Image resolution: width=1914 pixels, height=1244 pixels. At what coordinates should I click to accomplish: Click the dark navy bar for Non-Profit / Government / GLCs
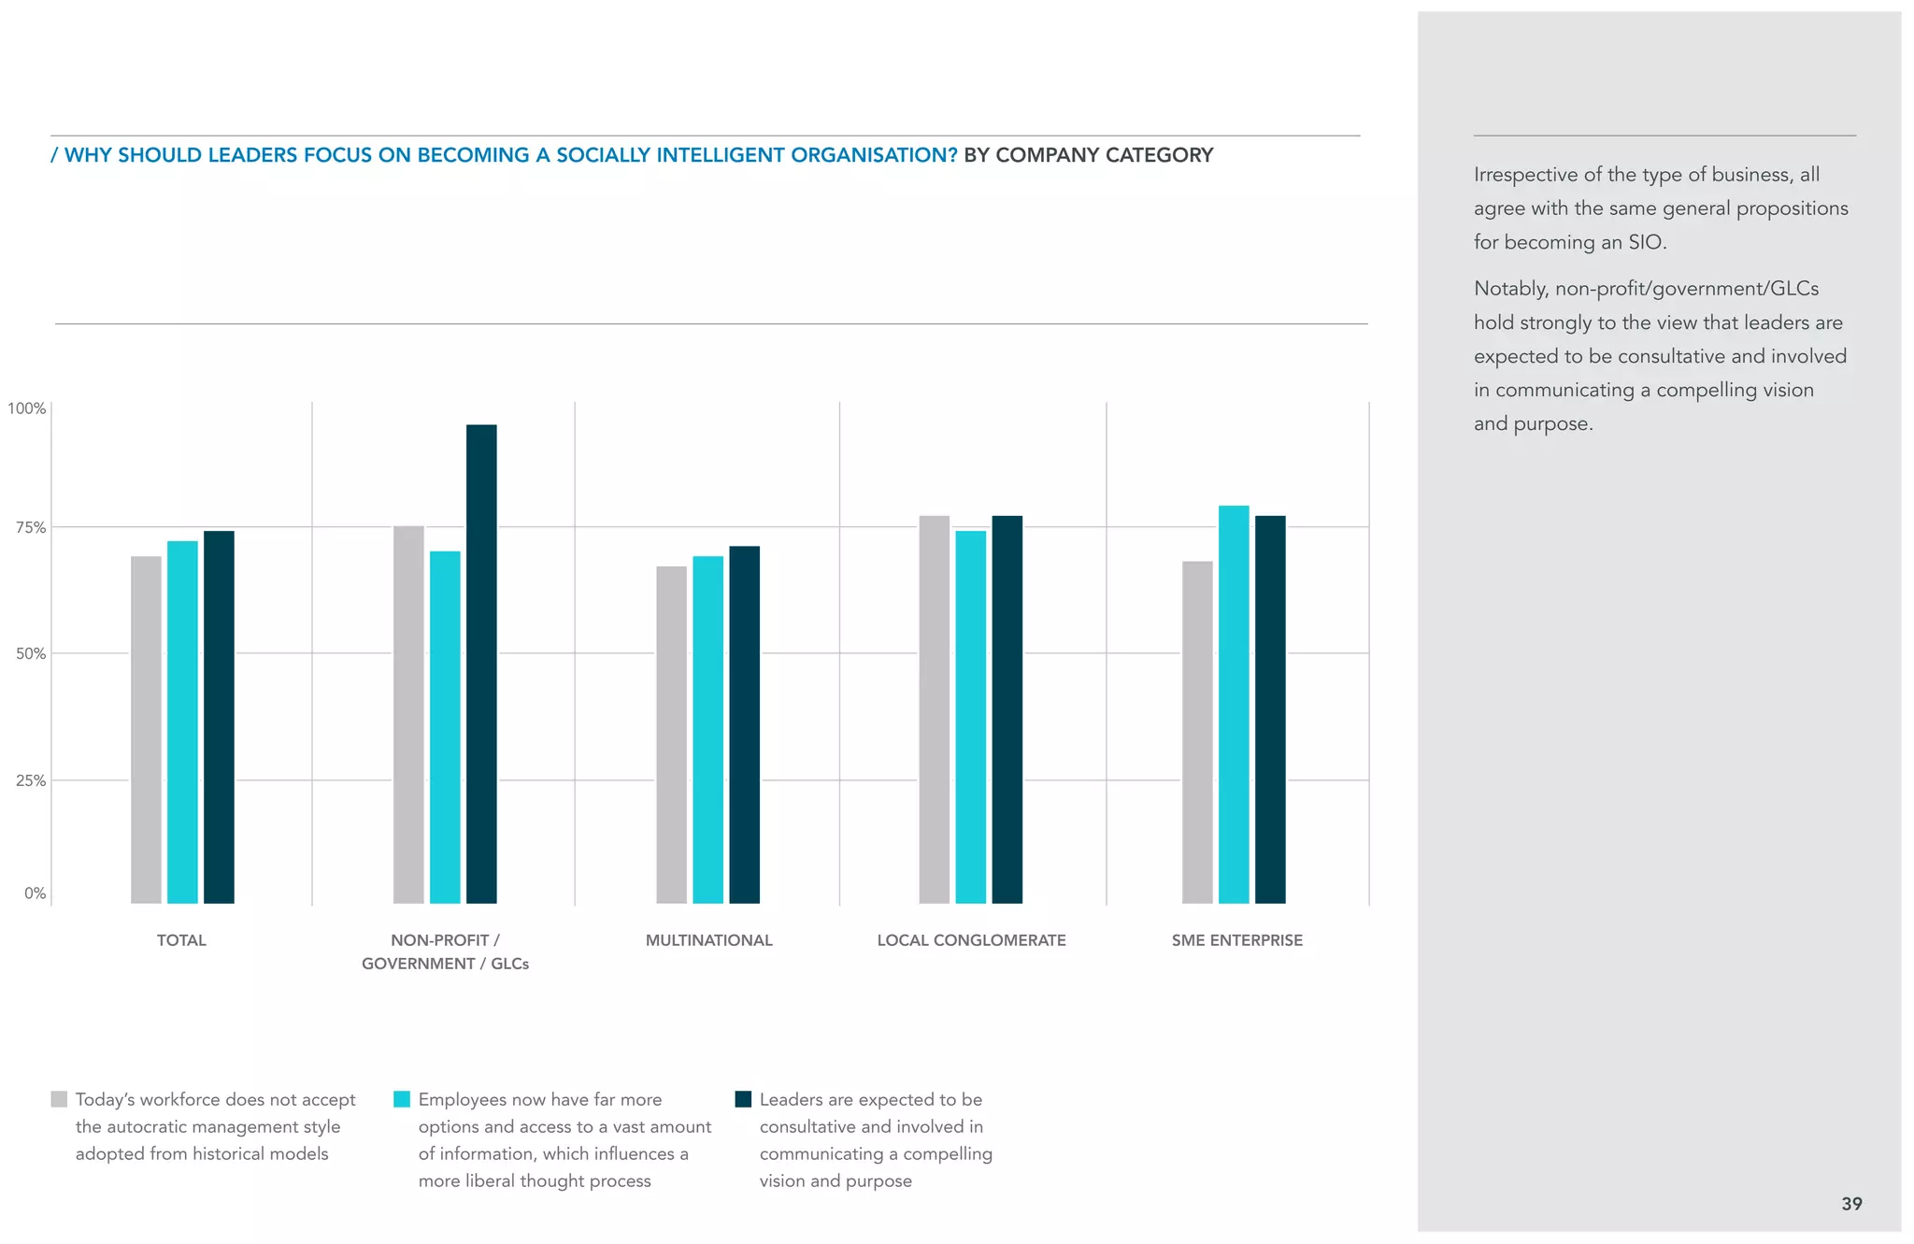(481, 664)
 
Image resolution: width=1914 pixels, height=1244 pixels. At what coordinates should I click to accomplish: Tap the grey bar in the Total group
(146, 729)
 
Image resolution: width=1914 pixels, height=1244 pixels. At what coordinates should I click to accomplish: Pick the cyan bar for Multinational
(707, 729)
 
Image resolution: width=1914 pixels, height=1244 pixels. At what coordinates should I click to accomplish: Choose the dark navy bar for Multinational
(744, 724)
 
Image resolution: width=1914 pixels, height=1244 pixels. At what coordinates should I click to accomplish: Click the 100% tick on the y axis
(27, 408)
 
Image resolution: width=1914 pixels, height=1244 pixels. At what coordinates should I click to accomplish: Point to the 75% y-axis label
(30, 527)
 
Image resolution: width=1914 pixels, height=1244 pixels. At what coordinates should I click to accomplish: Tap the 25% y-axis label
(30, 780)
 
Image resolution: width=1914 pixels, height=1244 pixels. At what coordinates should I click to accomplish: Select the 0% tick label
(35, 893)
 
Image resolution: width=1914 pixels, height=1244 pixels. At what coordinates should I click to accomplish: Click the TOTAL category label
(181, 940)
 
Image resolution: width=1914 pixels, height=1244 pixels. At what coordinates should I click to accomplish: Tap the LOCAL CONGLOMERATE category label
(971, 940)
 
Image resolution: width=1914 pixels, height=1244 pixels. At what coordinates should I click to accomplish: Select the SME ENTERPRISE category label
(1236, 940)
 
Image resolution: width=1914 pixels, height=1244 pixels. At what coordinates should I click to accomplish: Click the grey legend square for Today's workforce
(59, 1099)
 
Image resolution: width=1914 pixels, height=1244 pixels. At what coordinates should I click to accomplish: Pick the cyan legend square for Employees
(402, 1099)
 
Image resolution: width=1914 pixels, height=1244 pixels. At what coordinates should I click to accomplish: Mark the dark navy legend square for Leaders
(743, 1099)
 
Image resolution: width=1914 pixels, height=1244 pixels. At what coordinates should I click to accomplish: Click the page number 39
(1851, 1204)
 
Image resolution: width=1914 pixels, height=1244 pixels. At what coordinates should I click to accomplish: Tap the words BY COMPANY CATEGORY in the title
(1088, 155)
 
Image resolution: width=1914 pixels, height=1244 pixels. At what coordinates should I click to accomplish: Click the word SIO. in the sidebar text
(1647, 242)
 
